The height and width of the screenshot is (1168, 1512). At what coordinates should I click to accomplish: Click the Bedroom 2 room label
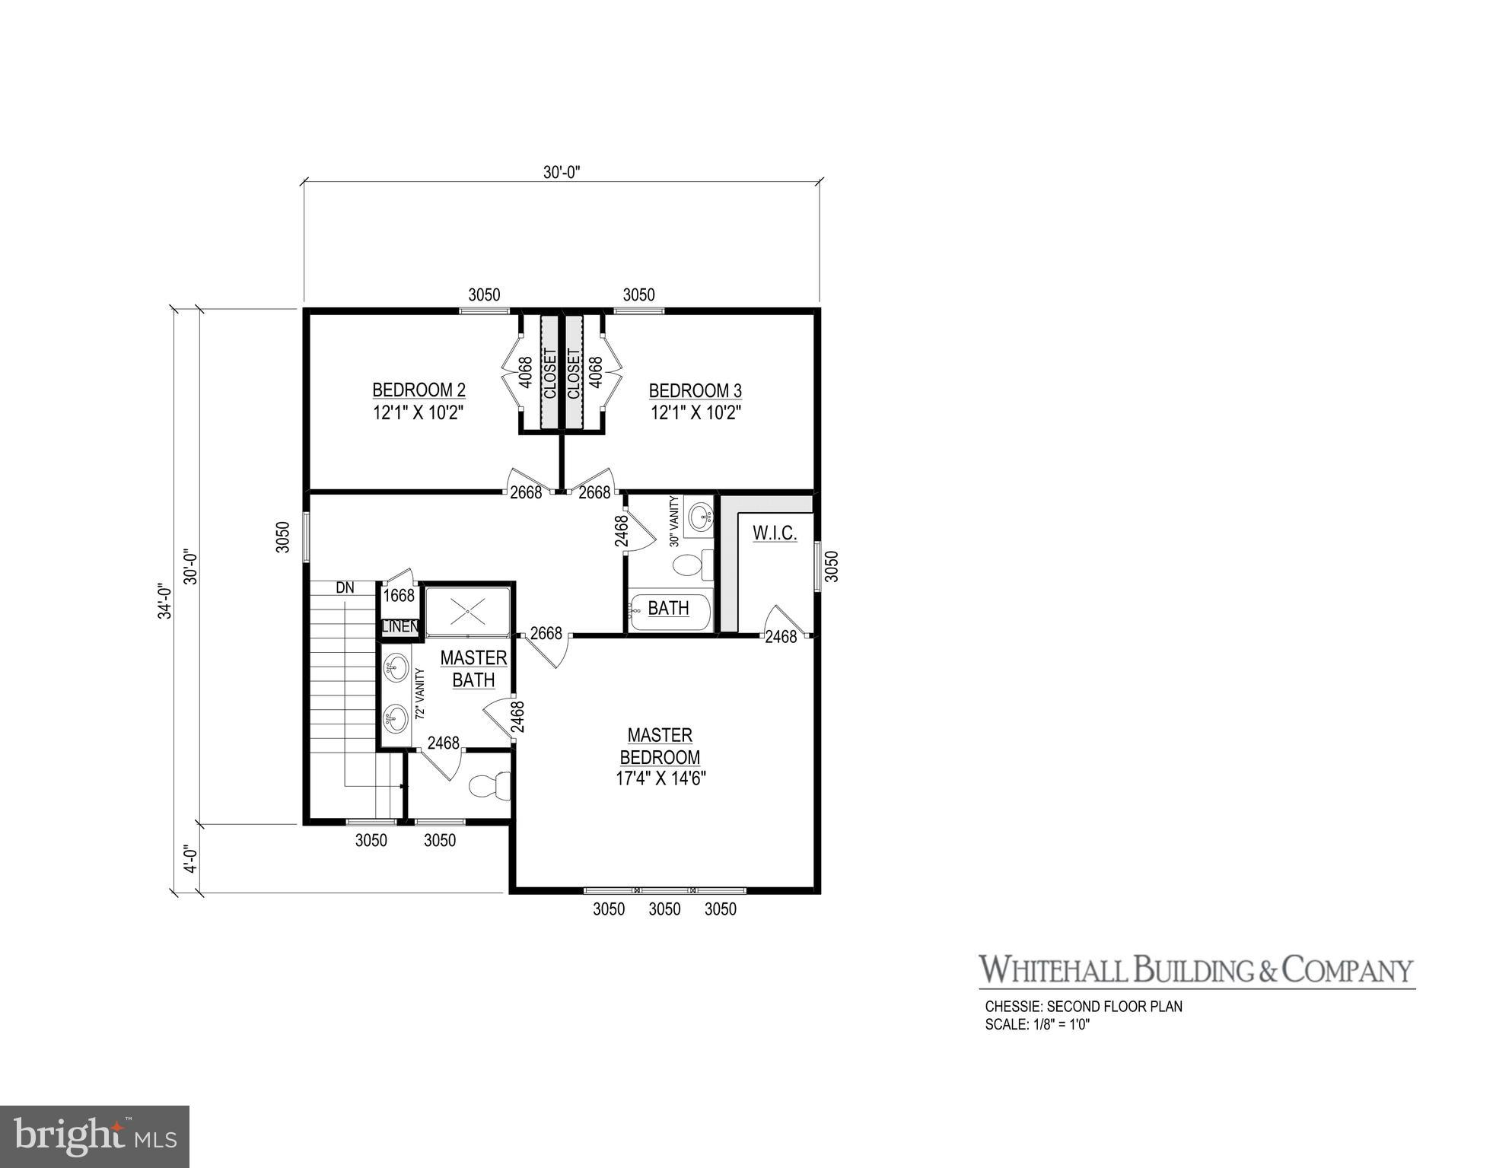(419, 391)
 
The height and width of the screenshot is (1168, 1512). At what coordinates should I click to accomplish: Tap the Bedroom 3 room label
(695, 391)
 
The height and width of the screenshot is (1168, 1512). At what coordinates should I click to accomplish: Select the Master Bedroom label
(660, 746)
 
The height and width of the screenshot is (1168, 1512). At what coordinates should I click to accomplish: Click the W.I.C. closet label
(775, 533)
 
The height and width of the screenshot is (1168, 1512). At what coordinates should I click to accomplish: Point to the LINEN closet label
(399, 627)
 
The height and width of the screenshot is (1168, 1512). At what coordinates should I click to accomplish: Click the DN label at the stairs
(345, 588)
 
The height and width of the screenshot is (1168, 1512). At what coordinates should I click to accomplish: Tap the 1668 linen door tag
(399, 596)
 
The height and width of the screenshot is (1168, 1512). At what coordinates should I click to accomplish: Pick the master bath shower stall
(467, 610)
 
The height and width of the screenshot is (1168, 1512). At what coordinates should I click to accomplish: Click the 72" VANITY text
(419, 694)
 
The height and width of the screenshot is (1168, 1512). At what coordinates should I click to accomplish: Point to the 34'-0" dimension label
(164, 601)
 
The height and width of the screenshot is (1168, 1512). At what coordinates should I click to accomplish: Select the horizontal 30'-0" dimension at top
(562, 173)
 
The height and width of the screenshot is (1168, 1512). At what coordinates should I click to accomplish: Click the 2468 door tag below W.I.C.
(781, 637)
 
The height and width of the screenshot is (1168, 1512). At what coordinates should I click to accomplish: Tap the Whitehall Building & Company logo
(1195, 970)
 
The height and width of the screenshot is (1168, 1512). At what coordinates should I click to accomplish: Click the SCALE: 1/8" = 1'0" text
(1037, 1024)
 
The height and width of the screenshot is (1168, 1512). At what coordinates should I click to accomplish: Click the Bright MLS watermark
(94, 1137)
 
